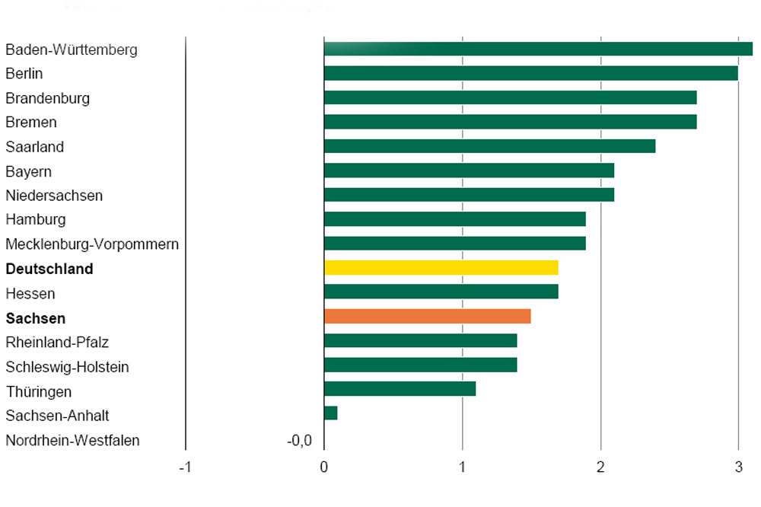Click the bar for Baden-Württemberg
coord(538,49)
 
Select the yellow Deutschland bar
coord(441,268)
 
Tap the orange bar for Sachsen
coord(427,316)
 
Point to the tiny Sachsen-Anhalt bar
coord(330,413)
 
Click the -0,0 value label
coord(298,440)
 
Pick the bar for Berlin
coord(530,73)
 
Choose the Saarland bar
coord(489,146)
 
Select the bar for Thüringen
coord(400,389)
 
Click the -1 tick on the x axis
coord(185,466)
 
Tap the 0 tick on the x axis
coord(324,466)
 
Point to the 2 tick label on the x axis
coord(600,466)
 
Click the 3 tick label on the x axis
coord(738,466)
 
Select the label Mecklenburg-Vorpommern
coord(92,244)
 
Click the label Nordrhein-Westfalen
coord(72,440)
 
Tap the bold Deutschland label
coord(49,269)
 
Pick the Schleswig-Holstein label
coord(67,367)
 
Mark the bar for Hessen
coord(441,292)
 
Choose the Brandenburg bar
coord(510,97)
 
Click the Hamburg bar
coord(454,219)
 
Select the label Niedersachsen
coord(54,196)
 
